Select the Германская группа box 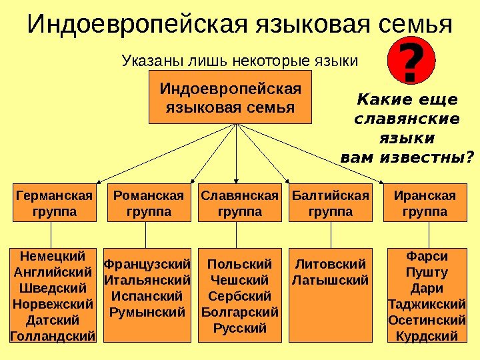(x=53, y=203)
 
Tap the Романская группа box (x=148, y=203)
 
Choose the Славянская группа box (x=239, y=203)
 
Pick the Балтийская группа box (x=331, y=203)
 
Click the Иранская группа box (x=425, y=203)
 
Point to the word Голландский (x=53, y=335)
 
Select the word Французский (x=148, y=263)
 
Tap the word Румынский (x=148, y=311)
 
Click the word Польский (x=239, y=263)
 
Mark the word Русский (x=239, y=327)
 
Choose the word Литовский (x=331, y=263)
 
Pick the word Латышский (x=331, y=279)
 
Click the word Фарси (x=427, y=256)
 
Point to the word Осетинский (x=427, y=320)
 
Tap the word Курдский (x=427, y=335)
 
